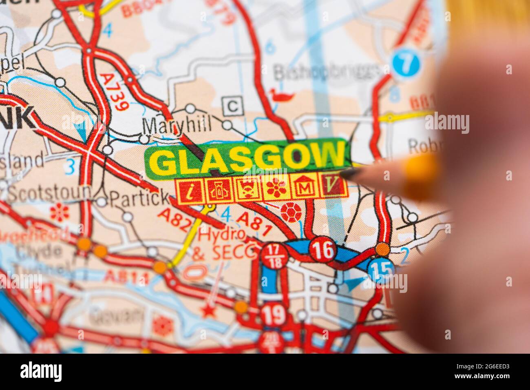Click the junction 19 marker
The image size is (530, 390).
(273, 314)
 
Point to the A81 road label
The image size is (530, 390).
(254, 224)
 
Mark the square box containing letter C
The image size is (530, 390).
(232, 106)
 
